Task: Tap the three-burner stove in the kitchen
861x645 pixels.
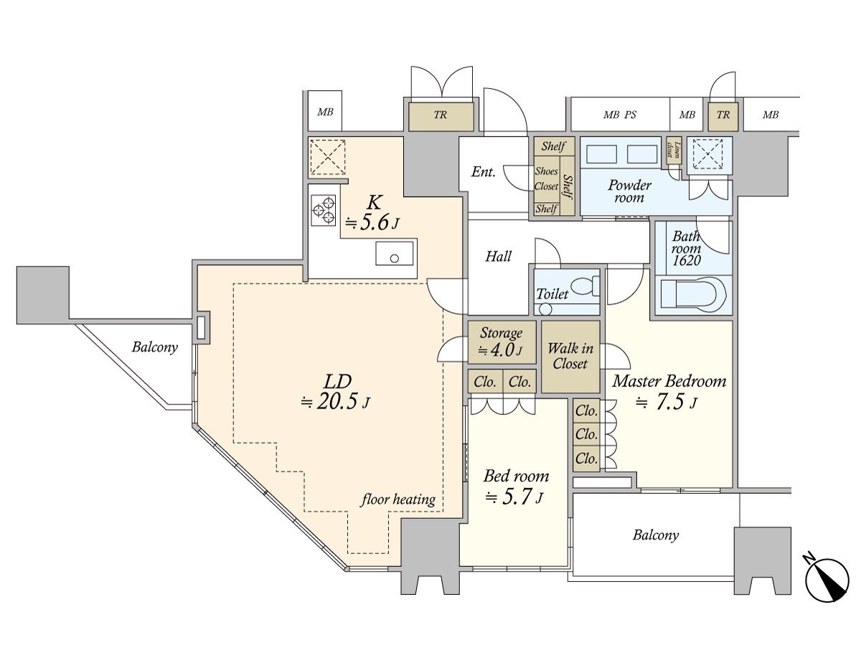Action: pos(323,209)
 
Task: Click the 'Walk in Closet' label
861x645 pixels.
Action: pos(570,356)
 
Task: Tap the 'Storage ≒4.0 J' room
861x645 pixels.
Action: pos(502,342)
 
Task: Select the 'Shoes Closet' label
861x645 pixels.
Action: pos(547,179)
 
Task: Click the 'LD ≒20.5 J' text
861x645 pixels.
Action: pos(335,391)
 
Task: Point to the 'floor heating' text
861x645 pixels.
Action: pos(397,500)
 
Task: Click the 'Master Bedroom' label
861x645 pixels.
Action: pos(669,381)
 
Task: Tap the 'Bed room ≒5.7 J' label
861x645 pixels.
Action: pos(516,486)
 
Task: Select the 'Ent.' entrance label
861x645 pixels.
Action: pos(483,172)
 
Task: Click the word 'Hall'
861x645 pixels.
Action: pos(498,256)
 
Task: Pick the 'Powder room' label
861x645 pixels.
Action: pos(629,191)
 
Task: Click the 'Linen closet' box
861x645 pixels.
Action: pos(674,148)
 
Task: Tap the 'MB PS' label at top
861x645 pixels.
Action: pos(620,115)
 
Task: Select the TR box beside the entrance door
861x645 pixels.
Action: pos(441,116)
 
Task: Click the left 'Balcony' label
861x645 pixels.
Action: pos(154,348)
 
